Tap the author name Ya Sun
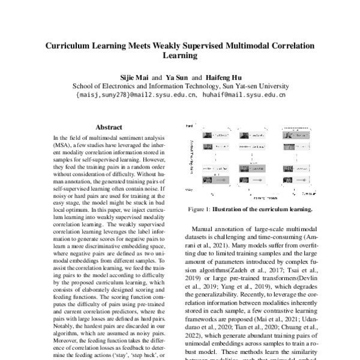177,77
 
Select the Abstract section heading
109,127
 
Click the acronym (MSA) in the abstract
63,145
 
